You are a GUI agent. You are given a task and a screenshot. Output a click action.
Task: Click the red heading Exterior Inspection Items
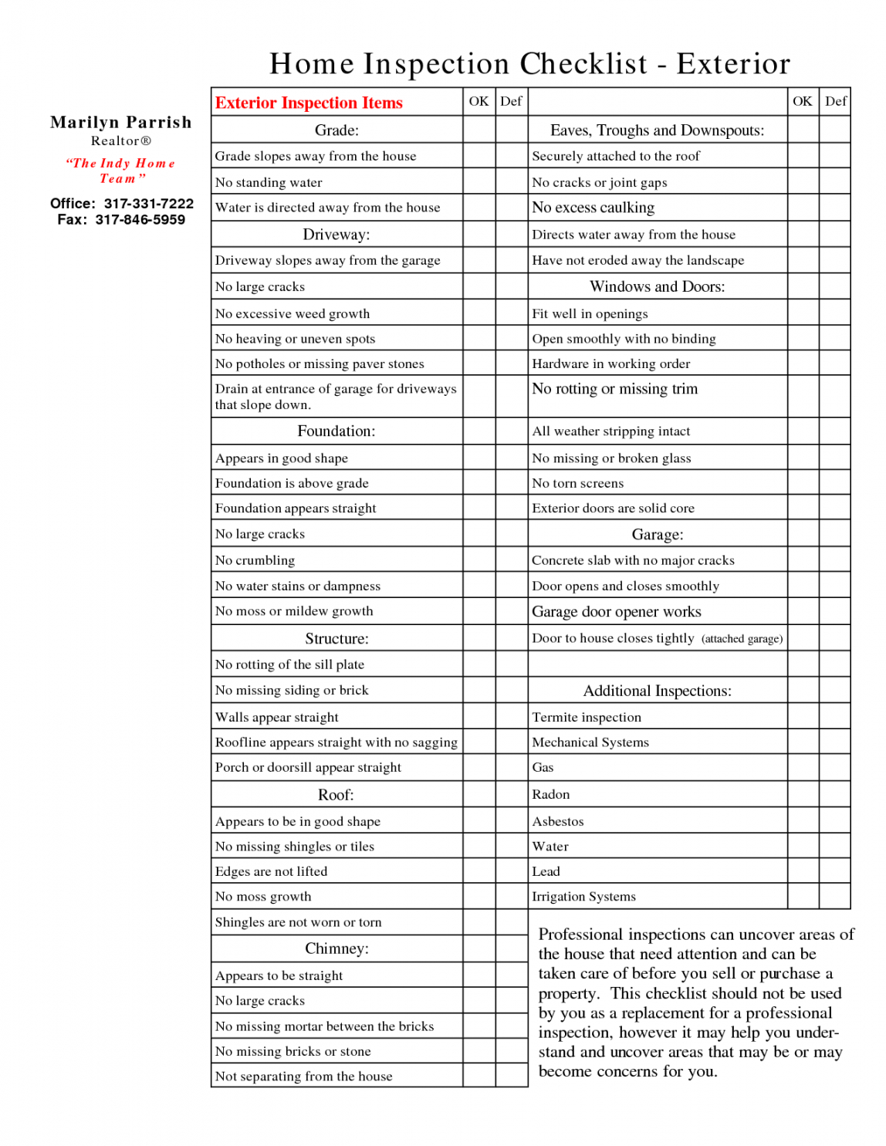pos(309,103)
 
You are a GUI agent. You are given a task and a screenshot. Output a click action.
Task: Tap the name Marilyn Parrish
pos(121,122)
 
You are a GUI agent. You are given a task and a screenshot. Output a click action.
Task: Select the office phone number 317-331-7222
pos(149,204)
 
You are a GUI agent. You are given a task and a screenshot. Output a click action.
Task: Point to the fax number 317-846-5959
pos(140,220)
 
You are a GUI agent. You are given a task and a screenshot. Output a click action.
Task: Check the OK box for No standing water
pos(479,182)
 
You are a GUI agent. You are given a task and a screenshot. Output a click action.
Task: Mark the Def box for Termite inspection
pos(834,717)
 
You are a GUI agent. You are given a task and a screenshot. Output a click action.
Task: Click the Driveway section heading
pos(336,235)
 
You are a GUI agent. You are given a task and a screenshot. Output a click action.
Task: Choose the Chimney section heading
pos(336,948)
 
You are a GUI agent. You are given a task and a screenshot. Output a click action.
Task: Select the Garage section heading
pos(658,535)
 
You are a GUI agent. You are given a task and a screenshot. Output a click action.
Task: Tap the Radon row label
pos(551,794)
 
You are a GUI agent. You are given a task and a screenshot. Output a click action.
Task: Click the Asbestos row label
pos(558,821)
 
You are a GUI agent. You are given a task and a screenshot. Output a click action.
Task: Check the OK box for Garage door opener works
pos(803,612)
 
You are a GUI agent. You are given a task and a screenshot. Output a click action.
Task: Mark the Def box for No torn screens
pos(834,483)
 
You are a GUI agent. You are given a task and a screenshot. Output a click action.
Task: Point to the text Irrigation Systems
pos(584,897)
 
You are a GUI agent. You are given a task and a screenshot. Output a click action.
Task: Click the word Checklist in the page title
pos(583,64)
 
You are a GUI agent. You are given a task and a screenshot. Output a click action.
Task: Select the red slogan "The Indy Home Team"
pos(121,171)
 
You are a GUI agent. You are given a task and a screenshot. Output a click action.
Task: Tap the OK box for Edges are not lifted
pos(479,871)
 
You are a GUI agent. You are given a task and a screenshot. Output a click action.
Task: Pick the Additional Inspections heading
pos(658,691)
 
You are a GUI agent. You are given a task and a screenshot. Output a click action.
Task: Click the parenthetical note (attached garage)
pos(742,639)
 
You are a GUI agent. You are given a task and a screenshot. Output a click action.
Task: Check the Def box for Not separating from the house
pos(511,1076)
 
